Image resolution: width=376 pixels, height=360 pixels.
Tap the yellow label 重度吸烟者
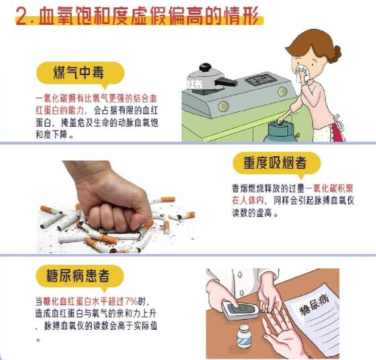277,164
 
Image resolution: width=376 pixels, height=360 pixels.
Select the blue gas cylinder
275,128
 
